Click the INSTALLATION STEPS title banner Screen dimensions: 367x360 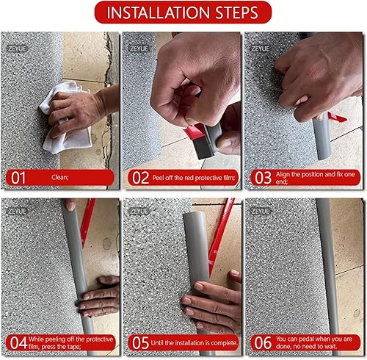pyautogui.click(x=183, y=12)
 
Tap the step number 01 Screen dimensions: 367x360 pyautogui.click(x=18, y=178)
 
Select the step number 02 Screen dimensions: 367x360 pyautogui.click(x=140, y=178)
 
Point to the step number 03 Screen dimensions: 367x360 pyautogui.click(x=263, y=178)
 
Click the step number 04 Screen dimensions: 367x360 pyautogui.click(x=18, y=343)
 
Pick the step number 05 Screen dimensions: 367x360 pyautogui.click(x=140, y=343)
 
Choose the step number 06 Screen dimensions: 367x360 pyautogui.click(x=263, y=343)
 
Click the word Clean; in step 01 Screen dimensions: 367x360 pyautogui.click(x=60, y=177)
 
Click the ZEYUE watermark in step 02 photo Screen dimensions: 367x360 pyautogui.click(x=139, y=48)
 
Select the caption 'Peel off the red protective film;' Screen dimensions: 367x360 pyautogui.click(x=194, y=178)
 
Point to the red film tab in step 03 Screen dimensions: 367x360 pyautogui.click(x=337, y=118)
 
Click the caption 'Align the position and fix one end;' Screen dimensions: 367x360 pyautogui.click(x=315, y=178)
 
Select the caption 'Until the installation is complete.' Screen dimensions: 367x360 pyautogui.click(x=195, y=343)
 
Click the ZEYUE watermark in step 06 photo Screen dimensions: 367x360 pyautogui.click(x=261, y=211)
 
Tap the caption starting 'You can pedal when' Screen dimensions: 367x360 pyautogui.click(x=314, y=342)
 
